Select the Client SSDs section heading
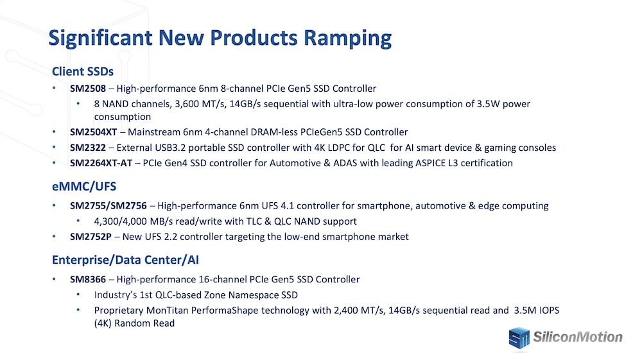(83, 72)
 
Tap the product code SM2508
(87, 89)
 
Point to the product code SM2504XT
(93, 132)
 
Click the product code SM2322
(87, 148)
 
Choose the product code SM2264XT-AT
(101, 163)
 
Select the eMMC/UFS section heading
(84, 187)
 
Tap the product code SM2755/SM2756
(108, 206)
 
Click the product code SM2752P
(91, 237)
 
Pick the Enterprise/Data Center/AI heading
(125, 260)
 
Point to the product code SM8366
(87, 279)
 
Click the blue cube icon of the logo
(519, 338)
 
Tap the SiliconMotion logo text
(578, 337)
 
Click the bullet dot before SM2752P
(54, 236)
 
